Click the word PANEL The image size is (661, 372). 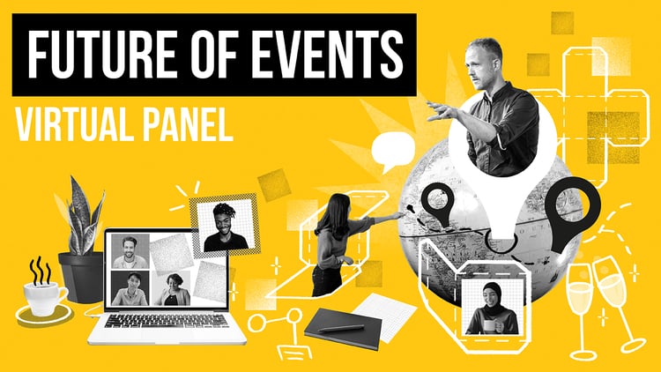click(187, 126)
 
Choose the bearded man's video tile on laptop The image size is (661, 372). click(129, 250)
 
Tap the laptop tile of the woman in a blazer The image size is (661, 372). click(171, 288)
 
